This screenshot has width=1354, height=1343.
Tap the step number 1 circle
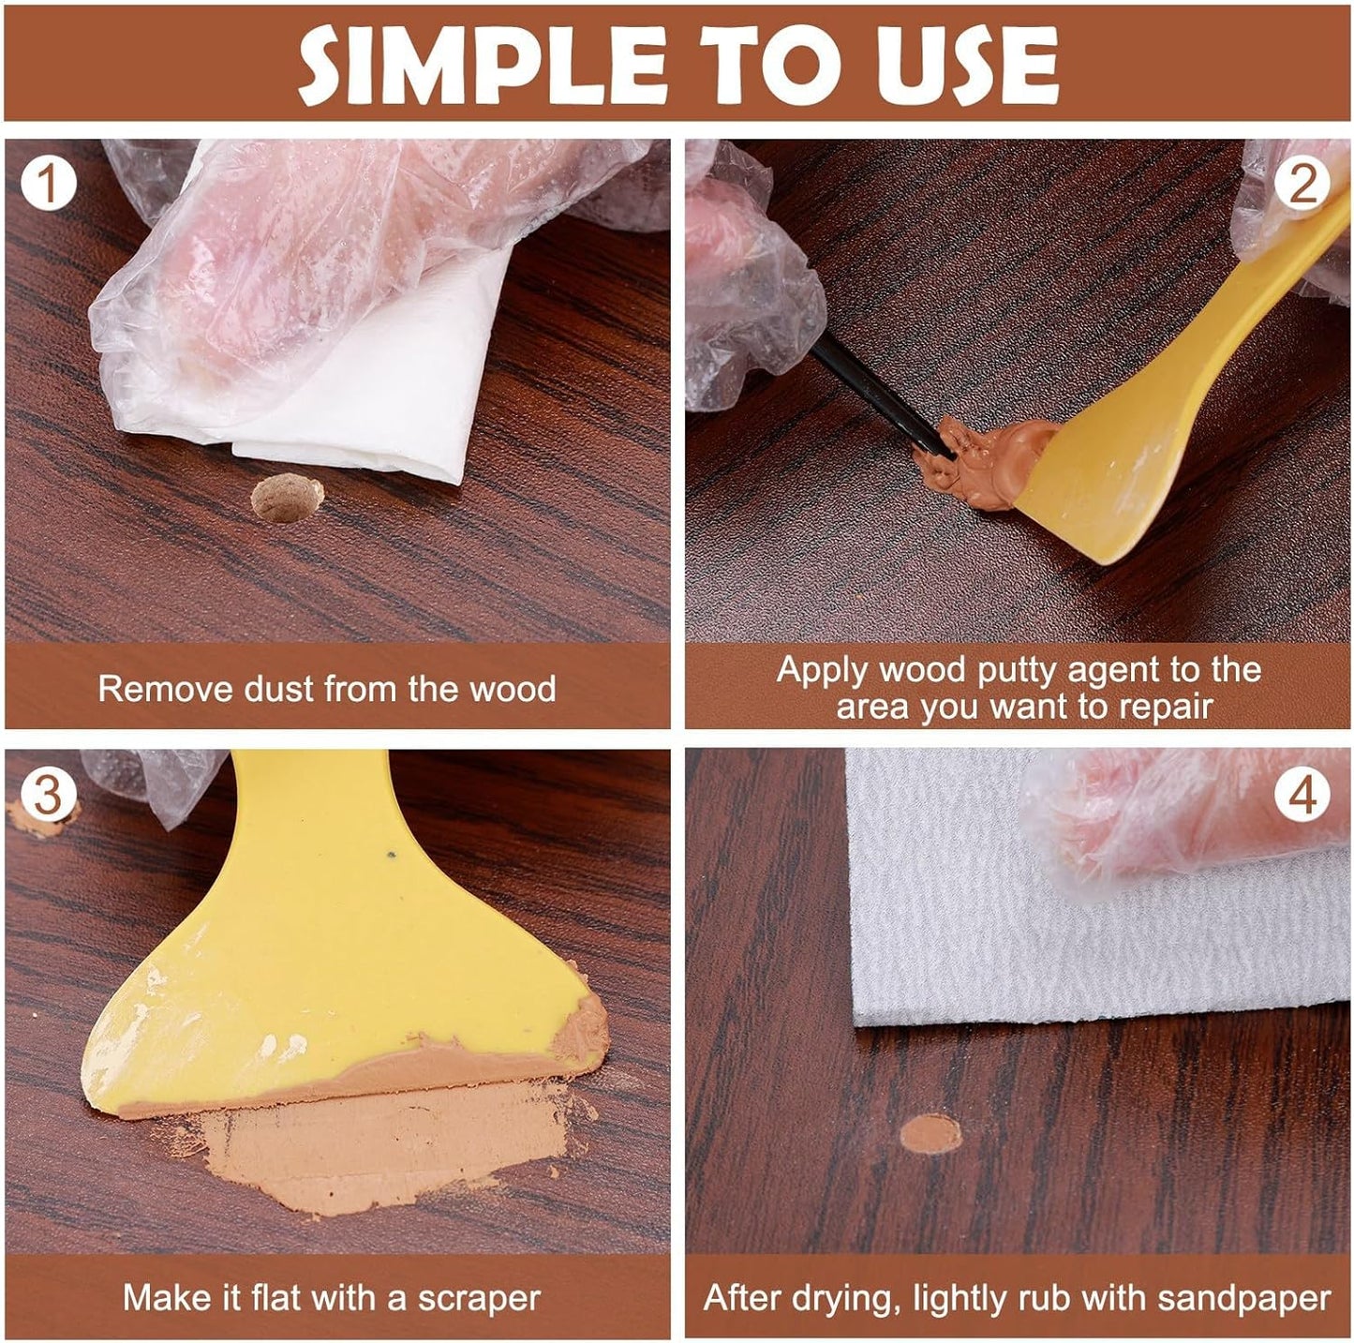tap(48, 184)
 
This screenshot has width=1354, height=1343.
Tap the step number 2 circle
tap(1302, 184)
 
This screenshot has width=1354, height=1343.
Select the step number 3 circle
tap(48, 795)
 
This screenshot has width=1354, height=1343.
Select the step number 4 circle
tap(1302, 795)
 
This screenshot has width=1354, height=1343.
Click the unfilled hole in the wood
tap(287, 498)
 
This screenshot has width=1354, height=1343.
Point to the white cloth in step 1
tap(394, 394)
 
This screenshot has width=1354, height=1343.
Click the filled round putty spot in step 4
tap(930, 1134)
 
